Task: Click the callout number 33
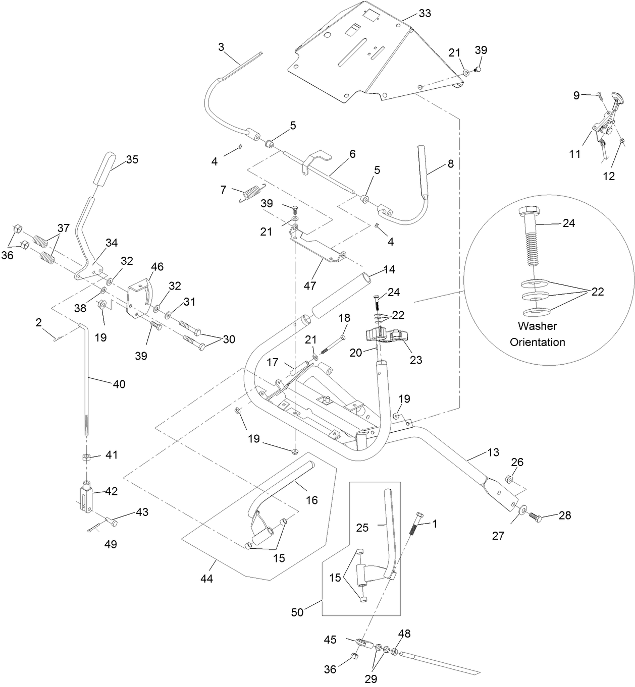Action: [x=425, y=13]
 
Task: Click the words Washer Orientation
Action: [x=537, y=334]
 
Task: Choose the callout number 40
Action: [x=119, y=384]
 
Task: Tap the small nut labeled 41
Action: [x=87, y=457]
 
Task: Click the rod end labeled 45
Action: [x=363, y=643]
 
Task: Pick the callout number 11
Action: [x=575, y=154]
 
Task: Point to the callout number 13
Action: [x=493, y=452]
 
